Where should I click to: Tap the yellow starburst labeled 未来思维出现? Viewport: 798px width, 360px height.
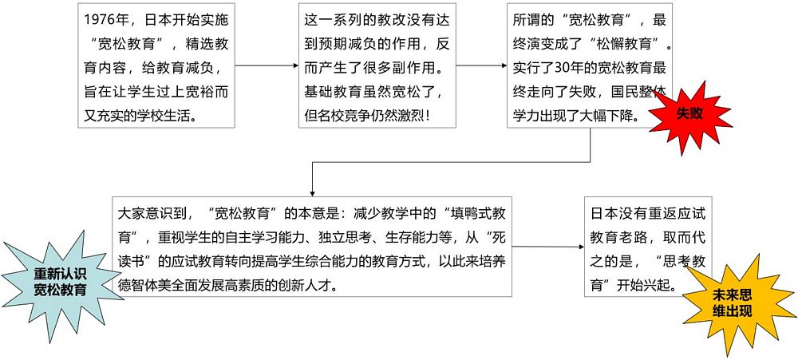pyautogui.click(x=733, y=304)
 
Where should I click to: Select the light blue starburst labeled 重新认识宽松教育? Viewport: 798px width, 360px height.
pyautogui.click(x=60, y=282)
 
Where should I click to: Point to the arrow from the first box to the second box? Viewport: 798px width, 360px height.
pyautogui.click(x=267, y=65)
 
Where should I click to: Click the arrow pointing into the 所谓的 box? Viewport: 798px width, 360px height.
pyautogui.click(x=481, y=65)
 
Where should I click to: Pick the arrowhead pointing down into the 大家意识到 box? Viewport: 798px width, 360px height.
pyautogui.click(x=312, y=193)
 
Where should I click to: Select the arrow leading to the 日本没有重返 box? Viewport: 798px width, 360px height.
pyautogui.click(x=548, y=247)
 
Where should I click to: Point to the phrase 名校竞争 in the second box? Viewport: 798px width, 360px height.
pyautogui.click(x=343, y=115)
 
